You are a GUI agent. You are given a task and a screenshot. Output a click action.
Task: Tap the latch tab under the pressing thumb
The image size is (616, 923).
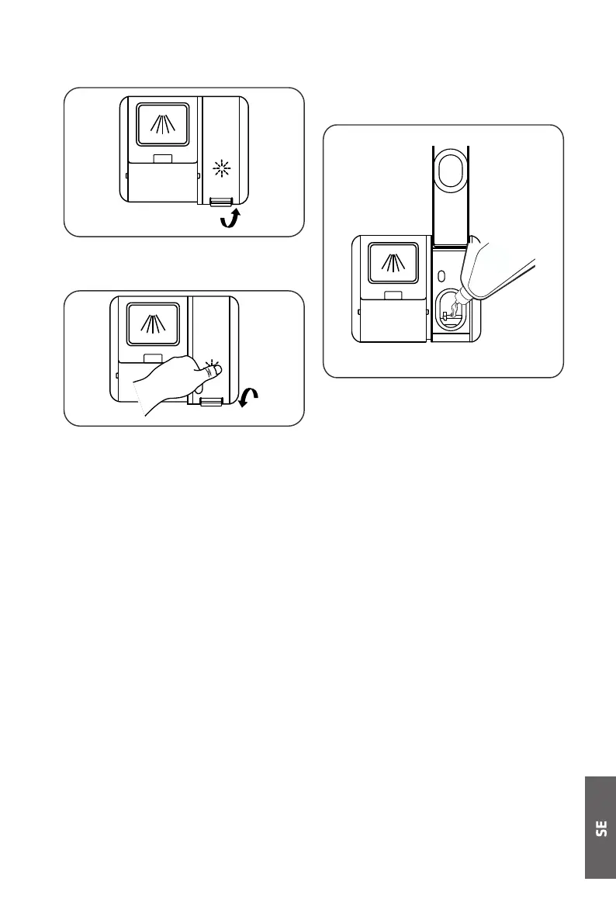210,401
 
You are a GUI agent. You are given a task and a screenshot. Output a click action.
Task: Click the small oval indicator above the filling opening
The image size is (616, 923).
441,277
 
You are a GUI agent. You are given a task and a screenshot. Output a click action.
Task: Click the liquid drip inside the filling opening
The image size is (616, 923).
448,313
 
